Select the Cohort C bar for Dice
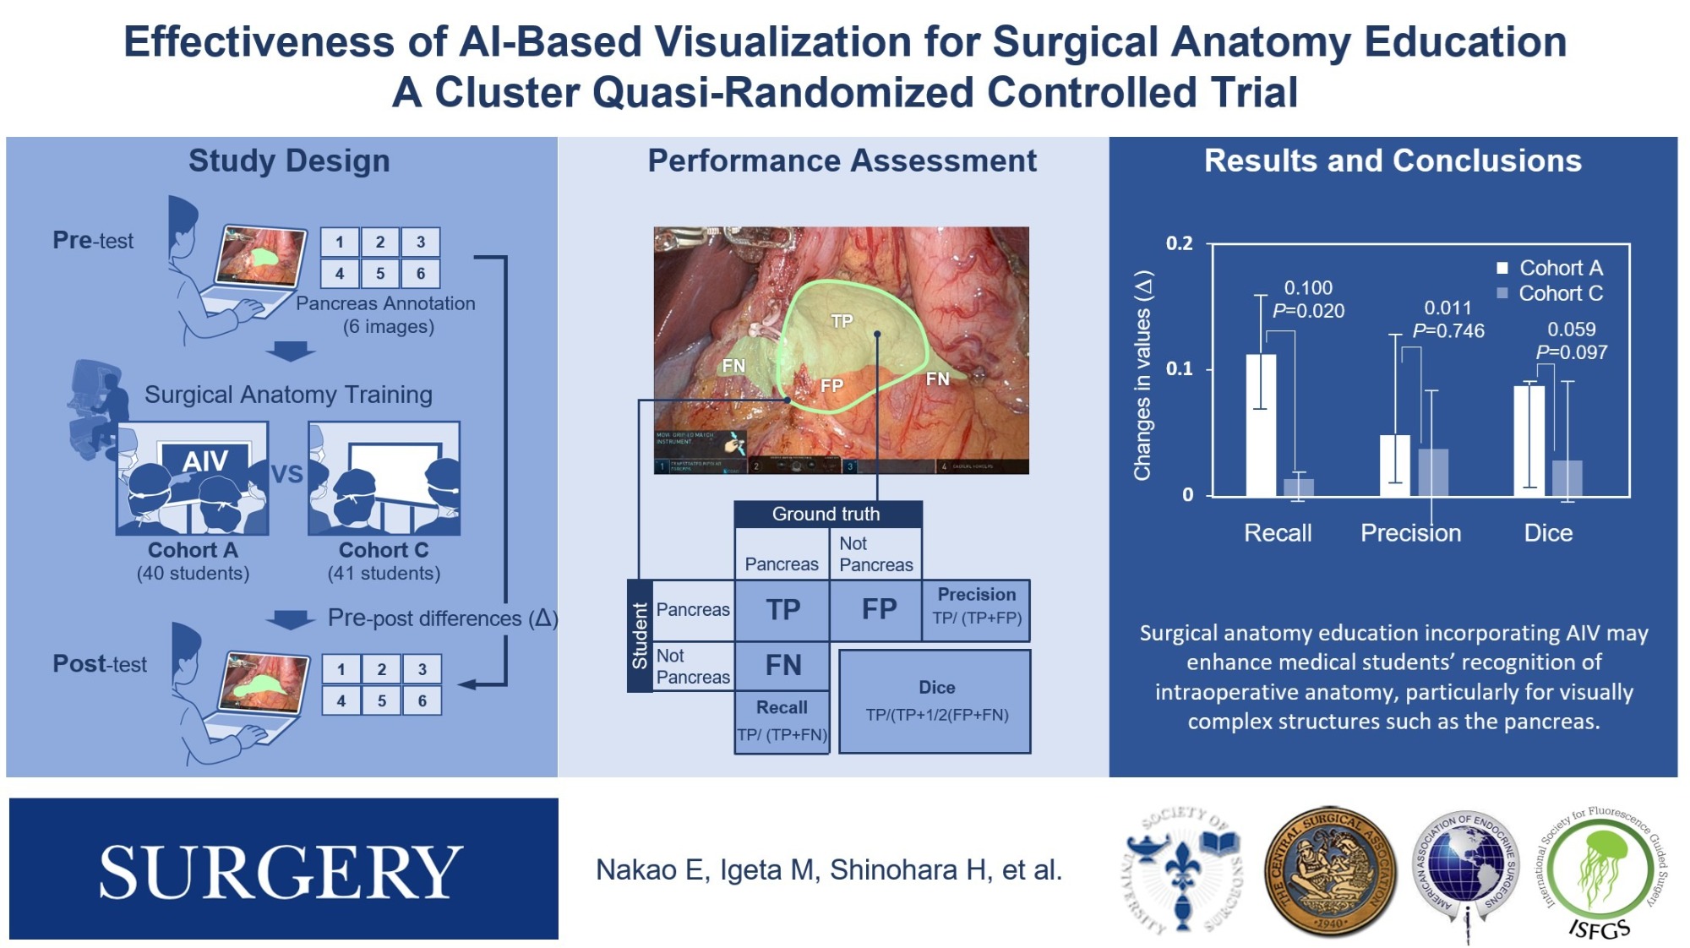(1567, 478)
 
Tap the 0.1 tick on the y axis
(1180, 368)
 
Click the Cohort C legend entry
(1550, 294)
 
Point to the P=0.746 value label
(1448, 331)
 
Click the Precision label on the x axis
(1410, 533)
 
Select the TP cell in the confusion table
(782, 610)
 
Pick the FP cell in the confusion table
(878, 609)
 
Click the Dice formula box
(935, 701)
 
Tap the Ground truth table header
(826, 514)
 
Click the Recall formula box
(782, 722)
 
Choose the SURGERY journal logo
(283, 869)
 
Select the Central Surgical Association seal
(1331, 871)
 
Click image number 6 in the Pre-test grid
(420, 274)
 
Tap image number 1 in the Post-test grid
(341, 670)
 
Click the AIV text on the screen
(204, 461)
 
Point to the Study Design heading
(289, 161)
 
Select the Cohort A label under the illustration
(193, 550)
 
